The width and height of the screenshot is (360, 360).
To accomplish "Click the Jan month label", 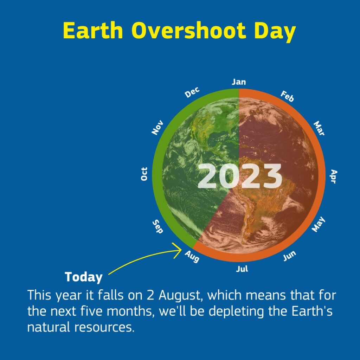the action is (x=239, y=82).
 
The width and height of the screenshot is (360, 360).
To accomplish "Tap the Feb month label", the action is (x=287, y=96).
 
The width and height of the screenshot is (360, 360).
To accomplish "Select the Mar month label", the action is (x=319, y=128).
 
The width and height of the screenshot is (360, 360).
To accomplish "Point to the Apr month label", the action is (x=334, y=176).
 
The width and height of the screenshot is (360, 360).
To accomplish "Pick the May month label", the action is (x=319, y=224).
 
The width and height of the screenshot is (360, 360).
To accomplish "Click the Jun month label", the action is (x=289, y=256).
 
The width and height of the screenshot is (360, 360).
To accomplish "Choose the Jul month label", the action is (x=242, y=269).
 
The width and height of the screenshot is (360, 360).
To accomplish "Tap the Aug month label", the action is (x=192, y=256).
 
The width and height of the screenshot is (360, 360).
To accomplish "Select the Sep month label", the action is (x=158, y=226).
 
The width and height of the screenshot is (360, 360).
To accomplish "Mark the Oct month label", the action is (x=144, y=174).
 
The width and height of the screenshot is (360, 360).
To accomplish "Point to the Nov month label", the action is (x=157, y=127).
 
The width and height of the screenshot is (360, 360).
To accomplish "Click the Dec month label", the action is (x=192, y=92).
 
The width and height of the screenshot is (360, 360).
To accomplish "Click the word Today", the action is (x=84, y=277).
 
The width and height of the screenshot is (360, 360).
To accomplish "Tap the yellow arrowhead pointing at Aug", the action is (x=178, y=250).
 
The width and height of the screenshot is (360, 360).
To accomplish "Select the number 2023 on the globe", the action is (x=239, y=176).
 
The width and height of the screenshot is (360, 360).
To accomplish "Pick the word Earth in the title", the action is (x=93, y=30).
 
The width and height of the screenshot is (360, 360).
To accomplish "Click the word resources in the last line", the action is (x=104, y=327).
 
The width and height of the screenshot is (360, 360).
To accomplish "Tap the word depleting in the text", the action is (x=237, y=311).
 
